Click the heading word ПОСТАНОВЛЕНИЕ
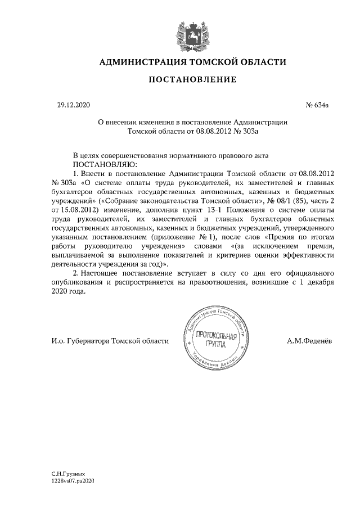(192, 80)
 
